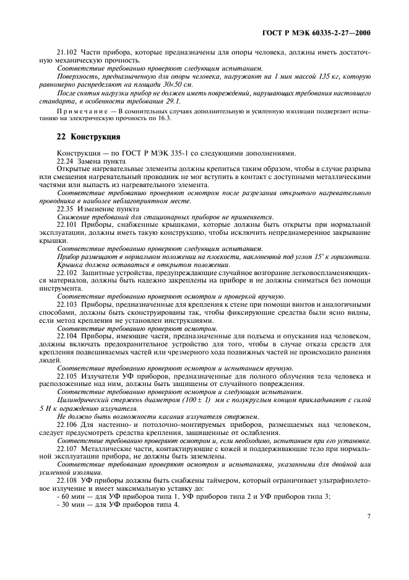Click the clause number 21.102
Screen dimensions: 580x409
[67, 53]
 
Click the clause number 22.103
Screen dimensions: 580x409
[67, 304]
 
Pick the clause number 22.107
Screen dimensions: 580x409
[67, 447]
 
